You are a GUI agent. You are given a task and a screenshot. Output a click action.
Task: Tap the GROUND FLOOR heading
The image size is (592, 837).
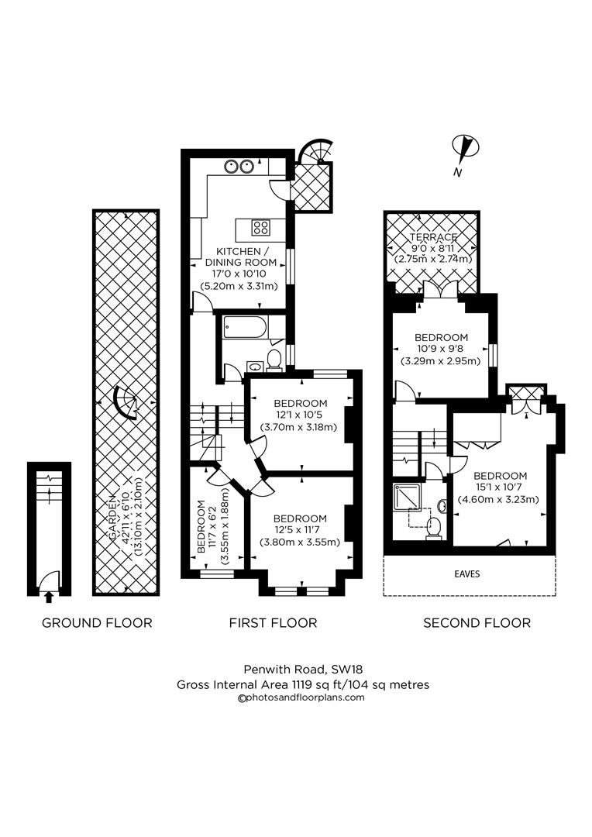[x=97, y=622]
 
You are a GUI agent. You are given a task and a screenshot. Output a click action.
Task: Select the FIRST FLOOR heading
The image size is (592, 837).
[x=273, y=622]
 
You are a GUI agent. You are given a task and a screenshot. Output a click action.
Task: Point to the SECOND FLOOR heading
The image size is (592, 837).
[x=477, y=622]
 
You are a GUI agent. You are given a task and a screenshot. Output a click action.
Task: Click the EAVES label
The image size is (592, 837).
[x=469, y=574]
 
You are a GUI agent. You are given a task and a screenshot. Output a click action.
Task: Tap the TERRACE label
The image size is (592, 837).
[x=433, y=237]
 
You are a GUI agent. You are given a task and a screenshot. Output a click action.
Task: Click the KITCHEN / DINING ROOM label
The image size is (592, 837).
[x=243, y=257]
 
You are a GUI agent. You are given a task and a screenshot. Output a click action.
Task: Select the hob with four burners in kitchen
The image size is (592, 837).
[x=260, y=227]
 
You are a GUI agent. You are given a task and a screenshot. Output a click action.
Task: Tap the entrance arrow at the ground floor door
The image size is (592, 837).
[x=49, y=596]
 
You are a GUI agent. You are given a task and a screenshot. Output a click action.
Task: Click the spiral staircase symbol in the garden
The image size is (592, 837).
[x=125, y=401]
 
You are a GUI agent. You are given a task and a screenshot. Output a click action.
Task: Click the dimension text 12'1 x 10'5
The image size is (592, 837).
[x=300, y=416]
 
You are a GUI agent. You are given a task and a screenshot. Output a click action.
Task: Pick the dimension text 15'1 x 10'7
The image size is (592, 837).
[x=500, y=488]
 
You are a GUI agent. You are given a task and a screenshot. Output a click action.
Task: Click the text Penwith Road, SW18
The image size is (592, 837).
[x=301, y=671]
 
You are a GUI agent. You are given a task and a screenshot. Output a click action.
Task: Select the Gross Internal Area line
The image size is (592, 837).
[x=301, y=684]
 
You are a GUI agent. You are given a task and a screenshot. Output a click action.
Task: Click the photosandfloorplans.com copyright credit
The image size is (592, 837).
[x=301, y=697]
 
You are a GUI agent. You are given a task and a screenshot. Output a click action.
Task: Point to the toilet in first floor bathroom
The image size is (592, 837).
[x=273, y=357]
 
